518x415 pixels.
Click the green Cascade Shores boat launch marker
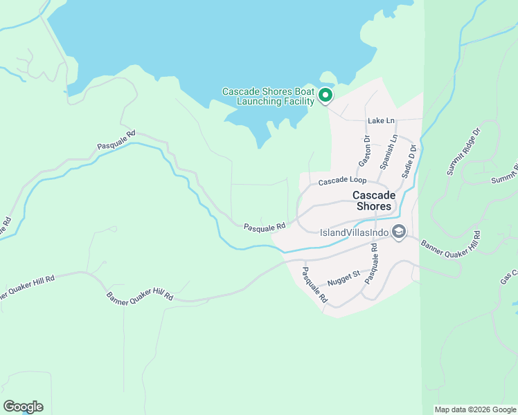click(325, 96)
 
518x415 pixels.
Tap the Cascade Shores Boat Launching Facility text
click(269, 97)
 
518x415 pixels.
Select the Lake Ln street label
click(381, 120)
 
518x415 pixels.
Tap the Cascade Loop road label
click(341, 181)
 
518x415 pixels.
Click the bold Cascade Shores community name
click(373, 201)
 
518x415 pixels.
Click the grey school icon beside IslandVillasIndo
click(398, 232)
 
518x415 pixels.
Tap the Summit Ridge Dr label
click(463, 151)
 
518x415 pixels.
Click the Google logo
click(23, 407)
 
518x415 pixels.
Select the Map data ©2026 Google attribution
click(475, 409)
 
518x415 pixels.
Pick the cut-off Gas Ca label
click(509, 276)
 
